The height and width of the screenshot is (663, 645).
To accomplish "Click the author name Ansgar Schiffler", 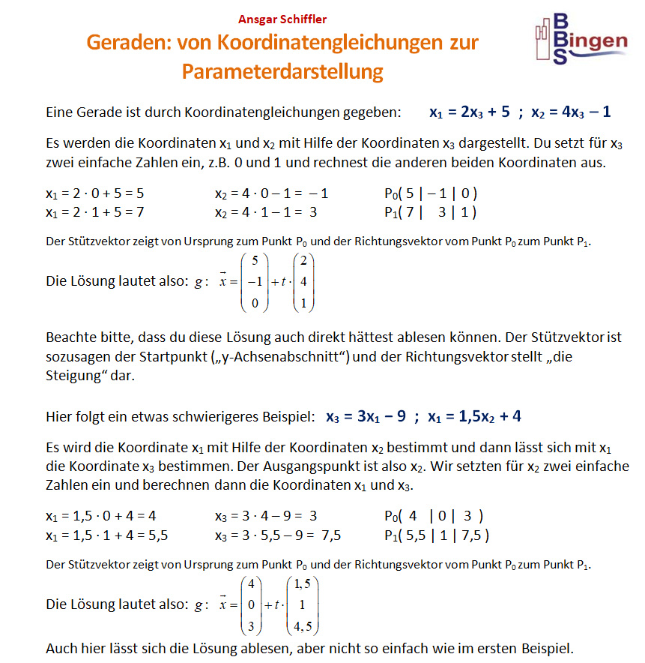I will pos(282,19).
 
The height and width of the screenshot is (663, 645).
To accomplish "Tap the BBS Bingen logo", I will pos(581,37).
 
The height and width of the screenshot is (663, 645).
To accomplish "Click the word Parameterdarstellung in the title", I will pos(282,72).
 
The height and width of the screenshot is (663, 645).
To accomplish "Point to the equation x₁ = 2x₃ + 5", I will pos(470,112).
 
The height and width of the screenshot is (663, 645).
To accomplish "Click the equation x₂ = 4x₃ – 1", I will pos(571,112).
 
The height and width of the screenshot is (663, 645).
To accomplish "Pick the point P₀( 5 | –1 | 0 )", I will pos(426,193).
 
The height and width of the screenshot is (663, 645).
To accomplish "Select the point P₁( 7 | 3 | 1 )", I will pos(426,212).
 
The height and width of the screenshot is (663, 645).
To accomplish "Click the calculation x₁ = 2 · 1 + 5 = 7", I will pos(95,212).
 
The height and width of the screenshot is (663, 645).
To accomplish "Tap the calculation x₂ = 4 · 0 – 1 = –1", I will pos(271,193).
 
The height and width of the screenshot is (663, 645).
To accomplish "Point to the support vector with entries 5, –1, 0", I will pos(256,283).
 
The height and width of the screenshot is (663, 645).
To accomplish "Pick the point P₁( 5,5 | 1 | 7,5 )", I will pos(434,535).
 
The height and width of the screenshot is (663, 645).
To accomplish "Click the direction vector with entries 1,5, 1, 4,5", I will pos(301,605).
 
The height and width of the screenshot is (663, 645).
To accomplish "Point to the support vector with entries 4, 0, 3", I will pos(251,605).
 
